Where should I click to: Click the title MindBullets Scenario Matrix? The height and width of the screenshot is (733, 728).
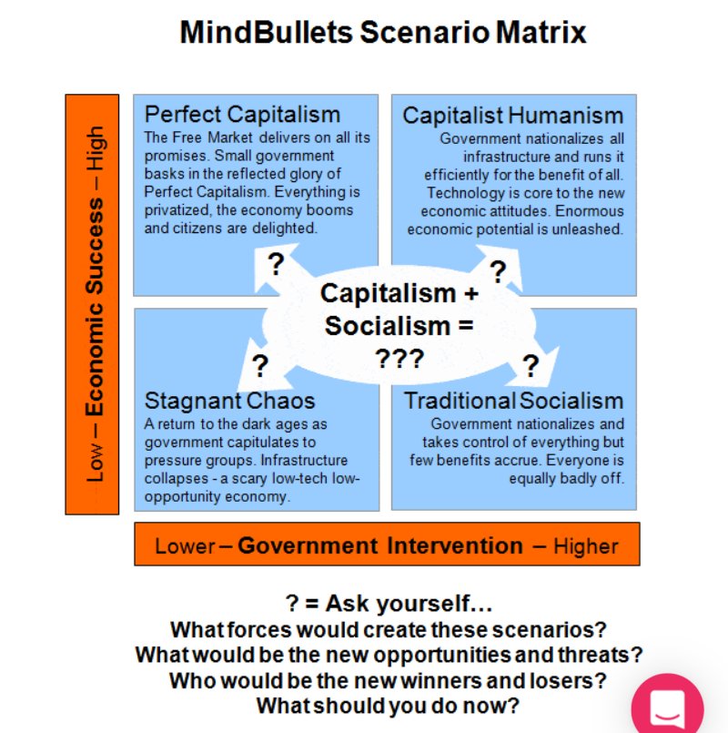point(383,33)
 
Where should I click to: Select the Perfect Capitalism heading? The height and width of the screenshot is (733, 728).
point(242,115)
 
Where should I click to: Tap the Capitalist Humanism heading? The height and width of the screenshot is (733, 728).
point(513,116)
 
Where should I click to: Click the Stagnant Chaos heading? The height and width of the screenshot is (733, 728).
point(230,401)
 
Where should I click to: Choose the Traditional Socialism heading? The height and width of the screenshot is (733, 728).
point(513,401)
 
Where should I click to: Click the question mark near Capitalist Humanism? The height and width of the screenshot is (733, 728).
point(498,271)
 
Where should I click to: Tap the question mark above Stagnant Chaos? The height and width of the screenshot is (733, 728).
point(259,366)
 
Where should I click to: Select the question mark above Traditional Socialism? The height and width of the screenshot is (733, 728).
point(531,367)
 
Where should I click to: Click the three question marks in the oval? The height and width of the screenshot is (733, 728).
point(399,358)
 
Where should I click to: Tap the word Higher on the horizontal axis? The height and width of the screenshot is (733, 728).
point(586,546)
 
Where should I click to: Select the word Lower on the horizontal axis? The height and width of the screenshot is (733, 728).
point(185,546)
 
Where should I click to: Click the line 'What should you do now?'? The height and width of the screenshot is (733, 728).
point(389,706)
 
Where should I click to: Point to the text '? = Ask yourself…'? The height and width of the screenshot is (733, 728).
point(389,603)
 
